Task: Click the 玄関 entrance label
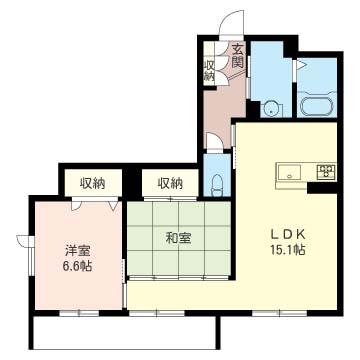point(237,56)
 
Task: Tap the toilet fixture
point(217,185)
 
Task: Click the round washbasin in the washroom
point(271,108)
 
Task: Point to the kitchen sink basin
point(289,173)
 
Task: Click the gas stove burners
point(326,172)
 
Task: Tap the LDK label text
point(288,235)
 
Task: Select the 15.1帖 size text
point(288,250)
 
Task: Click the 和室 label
point(178,238)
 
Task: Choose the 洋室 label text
point(79,251)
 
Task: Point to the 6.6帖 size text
point(79,266)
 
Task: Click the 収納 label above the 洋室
point(93,183)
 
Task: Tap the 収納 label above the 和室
point(170,183)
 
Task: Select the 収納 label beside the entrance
point(209,71)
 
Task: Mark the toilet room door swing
point(214,141)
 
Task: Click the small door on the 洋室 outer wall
point(23,241)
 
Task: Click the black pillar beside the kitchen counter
point(322,188)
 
